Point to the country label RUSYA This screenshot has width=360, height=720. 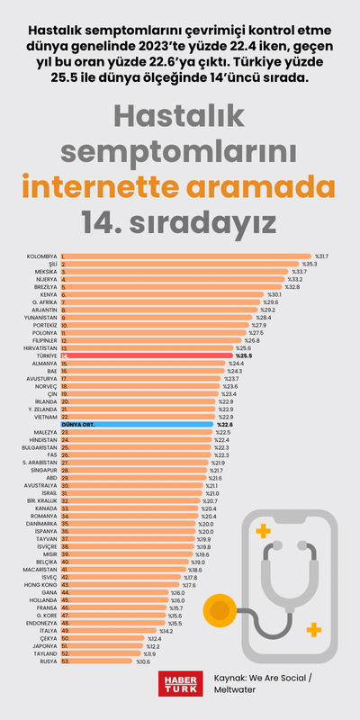(48, 660)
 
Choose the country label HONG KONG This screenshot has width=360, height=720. (40, 585)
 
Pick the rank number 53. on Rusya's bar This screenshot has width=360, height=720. (66, 660)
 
